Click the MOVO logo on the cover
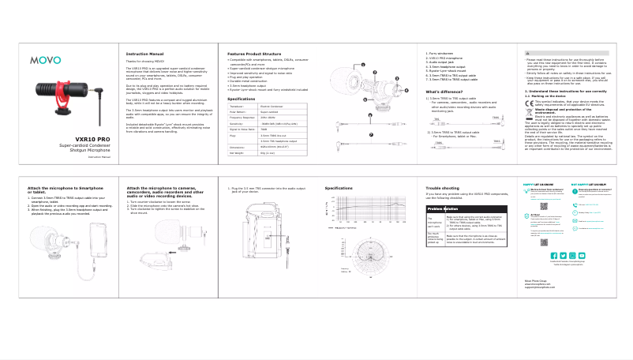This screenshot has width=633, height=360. pos(44,59)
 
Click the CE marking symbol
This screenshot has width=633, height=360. pos(529,103)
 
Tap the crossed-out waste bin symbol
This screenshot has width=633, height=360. pos(529,112)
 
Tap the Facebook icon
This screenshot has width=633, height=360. pos(552,277)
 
